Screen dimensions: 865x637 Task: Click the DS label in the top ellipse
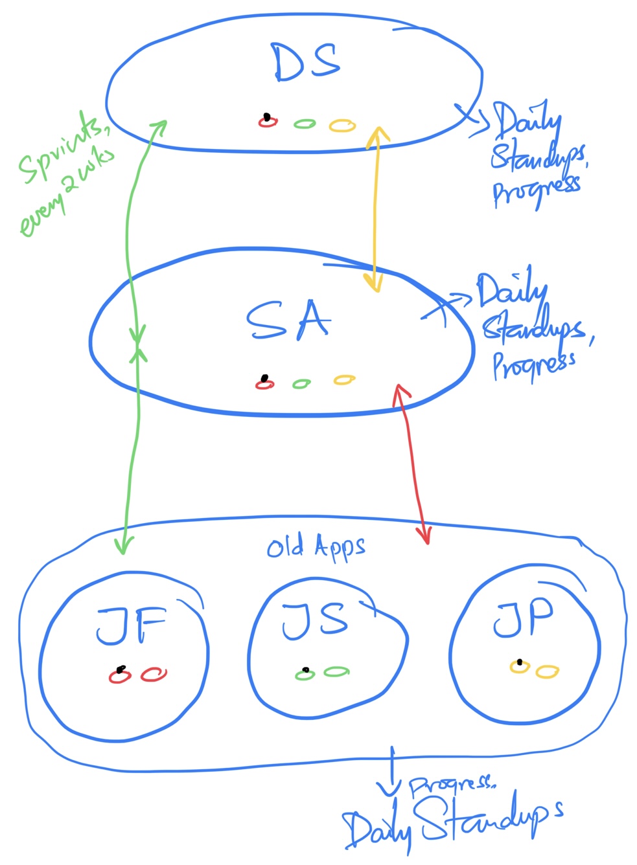tap(306, 63)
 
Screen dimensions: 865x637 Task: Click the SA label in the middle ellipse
tap(288, 320)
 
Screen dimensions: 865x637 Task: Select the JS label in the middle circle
tap(315, 622)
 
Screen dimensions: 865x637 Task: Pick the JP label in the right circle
tap(524, 619)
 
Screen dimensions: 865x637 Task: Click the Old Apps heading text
tap(316, 548)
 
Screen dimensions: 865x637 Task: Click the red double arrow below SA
tap(413, 464)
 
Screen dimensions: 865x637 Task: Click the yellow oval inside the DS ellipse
tap(342, 125)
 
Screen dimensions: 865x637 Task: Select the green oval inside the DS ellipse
tap(305, 123)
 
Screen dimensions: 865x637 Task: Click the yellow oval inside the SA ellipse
tap(344, 380)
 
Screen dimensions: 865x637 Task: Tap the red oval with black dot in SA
tap(264, 383)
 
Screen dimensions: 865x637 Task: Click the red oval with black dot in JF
tap(119, 675)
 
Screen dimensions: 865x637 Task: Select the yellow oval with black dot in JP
tap(519, 666)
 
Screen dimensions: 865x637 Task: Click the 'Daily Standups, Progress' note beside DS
tap(535, 155)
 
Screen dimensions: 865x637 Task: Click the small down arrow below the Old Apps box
tap(391, 774)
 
